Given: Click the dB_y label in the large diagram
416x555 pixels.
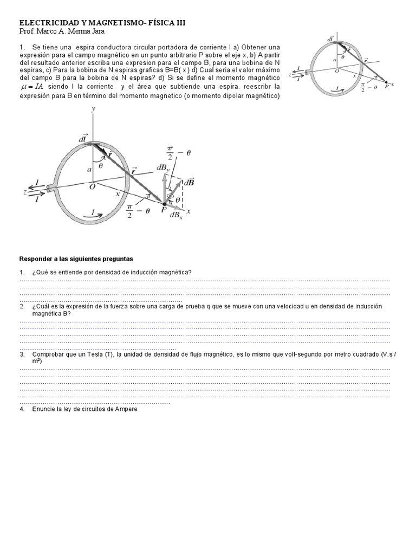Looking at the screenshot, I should pos(162,169).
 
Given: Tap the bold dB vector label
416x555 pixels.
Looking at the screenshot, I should pos(190,183).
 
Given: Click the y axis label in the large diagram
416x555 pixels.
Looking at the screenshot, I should pos(94,109).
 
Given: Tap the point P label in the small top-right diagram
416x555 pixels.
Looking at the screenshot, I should pos(386,87).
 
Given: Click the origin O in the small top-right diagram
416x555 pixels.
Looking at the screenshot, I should pos(337,70).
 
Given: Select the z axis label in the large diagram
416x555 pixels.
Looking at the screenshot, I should pos(25,191).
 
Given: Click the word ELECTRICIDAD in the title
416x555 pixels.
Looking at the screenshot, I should pos(49,23).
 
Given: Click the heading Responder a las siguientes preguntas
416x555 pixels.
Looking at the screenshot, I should pos(76,259).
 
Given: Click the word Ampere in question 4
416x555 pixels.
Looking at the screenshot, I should pos(126,409).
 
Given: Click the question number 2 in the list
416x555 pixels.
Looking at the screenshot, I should pos(22,306).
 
